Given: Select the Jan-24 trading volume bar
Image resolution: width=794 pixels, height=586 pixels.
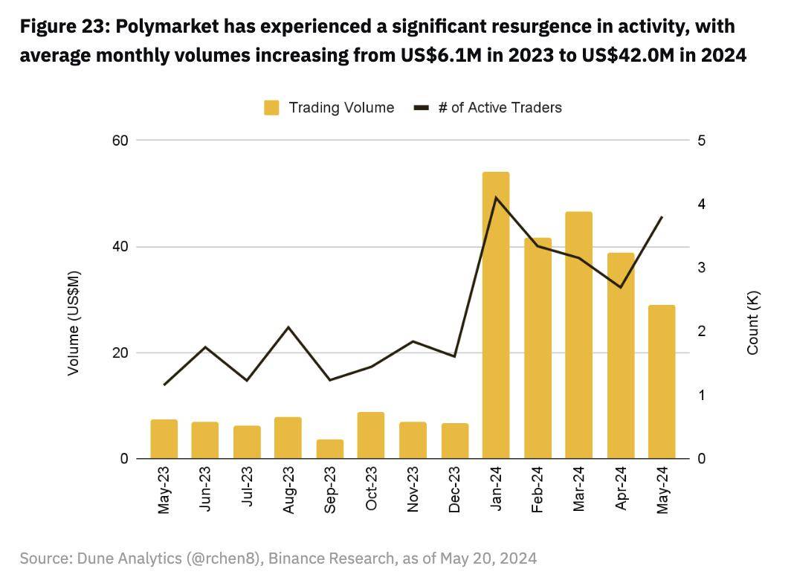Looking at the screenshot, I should click(x=496, y=315).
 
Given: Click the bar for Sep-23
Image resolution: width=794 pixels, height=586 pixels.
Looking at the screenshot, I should click(x=330, y=449).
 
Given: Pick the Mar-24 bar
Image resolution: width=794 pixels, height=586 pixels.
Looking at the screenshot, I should click(x=579, y=335).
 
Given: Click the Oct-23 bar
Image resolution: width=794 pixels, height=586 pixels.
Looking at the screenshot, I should click(x=371, y=435).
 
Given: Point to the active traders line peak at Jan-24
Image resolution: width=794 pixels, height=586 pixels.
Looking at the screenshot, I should click(x=496, y=197).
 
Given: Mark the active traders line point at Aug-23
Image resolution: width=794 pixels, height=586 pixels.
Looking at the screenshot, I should click(x=288, y=327).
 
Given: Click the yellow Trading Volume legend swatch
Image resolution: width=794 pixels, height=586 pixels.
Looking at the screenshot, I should click(x=271, y=108).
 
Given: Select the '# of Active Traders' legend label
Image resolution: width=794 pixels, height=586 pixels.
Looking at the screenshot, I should click(x=500, y=108).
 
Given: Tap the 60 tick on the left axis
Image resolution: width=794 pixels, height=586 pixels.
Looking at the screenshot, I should click(x=120, y=141).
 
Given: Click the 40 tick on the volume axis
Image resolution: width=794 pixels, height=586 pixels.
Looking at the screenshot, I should click(x=120, y=247).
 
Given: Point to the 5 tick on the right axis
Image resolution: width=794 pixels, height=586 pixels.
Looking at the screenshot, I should click(x=702, y=141).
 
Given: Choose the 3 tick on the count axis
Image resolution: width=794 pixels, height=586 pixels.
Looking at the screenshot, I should click(x=702, y=268).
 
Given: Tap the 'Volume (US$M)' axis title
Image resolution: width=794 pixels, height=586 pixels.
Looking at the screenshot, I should click(x=74, y=323).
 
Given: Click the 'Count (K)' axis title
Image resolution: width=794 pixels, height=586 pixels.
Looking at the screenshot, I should click(x=753, y=323).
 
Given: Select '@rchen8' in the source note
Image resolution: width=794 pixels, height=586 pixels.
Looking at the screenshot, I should click(x=225, y=558).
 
